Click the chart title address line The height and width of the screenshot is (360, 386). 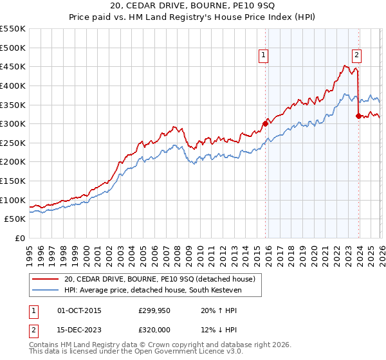pyautogui.click(x=192, y=7)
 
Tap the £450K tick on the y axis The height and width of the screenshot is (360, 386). pyautogui.click(x=14, y=66)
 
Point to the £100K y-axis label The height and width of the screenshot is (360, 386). pyautogui.click(x=14, y=200)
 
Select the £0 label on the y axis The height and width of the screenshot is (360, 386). pyautogui.click(x=21, y=238)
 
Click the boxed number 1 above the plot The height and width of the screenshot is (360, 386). pyautogui.click(x=264, y=56)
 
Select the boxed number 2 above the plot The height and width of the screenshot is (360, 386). pyautogui.click(x=356, y=56)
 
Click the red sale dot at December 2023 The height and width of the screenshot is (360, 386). pyautogui.click(x=358, y=116)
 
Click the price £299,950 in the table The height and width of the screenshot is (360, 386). pyautogui.click(x=154, y=310)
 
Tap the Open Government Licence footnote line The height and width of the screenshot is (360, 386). pyautogui.click(x=136, y=352)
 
